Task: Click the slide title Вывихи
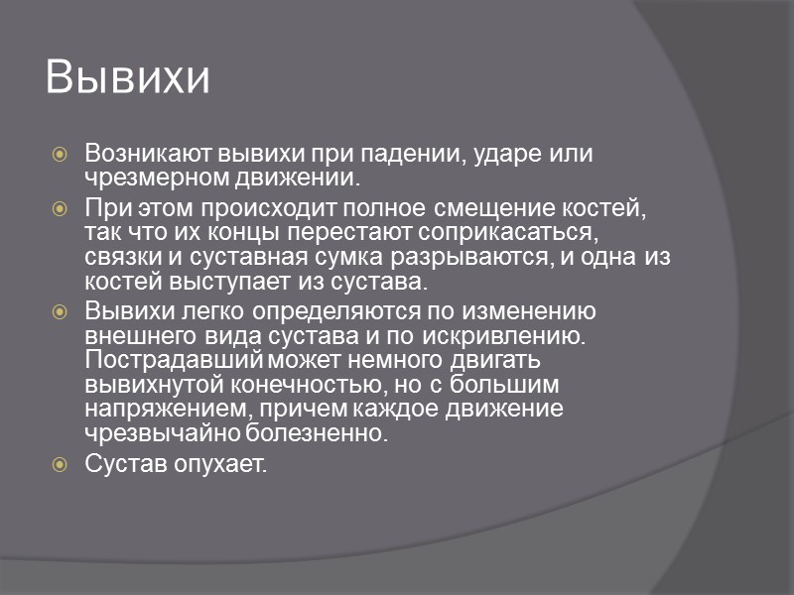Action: pyautogui.click(x=128, y=79)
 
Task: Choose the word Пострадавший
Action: pyautogui.click(x=161, y=359)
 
